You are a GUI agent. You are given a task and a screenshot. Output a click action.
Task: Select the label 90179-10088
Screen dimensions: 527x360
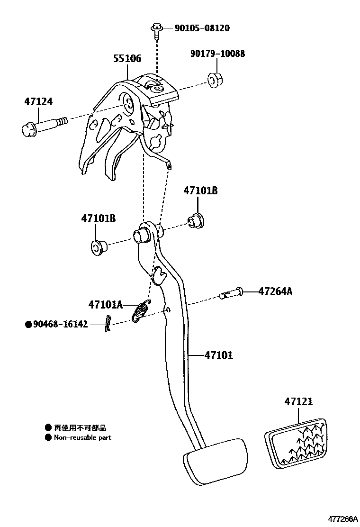(218, 54)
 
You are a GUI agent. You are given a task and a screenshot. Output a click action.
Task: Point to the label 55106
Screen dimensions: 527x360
(127, 59)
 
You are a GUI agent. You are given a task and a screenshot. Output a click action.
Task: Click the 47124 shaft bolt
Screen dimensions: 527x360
(44, 126)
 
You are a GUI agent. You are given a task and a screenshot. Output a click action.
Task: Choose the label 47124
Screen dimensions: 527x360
(38, 101)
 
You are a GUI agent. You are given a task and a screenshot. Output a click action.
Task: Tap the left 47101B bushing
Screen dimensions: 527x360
(98, 246)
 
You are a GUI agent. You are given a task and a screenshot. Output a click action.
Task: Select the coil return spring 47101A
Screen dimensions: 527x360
(140, 311)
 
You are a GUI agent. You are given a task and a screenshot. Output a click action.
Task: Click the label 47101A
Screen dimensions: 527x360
(105, 304)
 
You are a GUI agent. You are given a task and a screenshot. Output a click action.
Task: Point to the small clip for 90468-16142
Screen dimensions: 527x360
(108, 324)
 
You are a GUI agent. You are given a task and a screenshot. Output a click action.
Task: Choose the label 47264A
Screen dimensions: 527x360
(275, 291)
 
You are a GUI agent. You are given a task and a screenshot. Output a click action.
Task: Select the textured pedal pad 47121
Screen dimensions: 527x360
(297, 443)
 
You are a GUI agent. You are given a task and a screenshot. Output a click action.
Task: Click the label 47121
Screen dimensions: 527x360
(298, 401)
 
